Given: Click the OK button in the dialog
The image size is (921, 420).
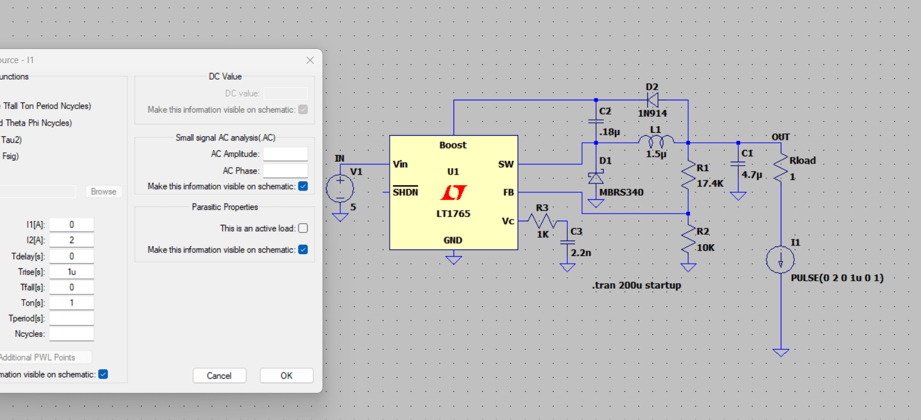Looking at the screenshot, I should [286, 376].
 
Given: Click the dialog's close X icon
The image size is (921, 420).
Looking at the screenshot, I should [310, 60].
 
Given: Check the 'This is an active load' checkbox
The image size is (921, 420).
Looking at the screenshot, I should [303, 228].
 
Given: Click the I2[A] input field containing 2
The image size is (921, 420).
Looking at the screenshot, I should [71, 240].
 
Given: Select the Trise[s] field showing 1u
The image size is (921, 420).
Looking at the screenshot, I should [71, 272].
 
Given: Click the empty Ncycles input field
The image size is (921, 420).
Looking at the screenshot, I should [71, 334].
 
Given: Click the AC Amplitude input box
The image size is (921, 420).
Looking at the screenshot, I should [285, 154].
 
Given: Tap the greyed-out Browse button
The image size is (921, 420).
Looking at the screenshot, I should [103, 192].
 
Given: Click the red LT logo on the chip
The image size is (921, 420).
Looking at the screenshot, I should [453, 192].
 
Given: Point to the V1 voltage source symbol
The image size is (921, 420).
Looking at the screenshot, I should [340, 189].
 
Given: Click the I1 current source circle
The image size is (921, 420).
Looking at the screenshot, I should [780, 260].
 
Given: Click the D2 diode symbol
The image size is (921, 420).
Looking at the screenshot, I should [652, 100].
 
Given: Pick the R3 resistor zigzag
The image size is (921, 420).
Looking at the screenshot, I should [541, 221].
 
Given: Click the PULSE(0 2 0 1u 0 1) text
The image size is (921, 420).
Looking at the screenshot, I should [837, 278].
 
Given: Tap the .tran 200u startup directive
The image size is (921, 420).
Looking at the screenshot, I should [636, 286].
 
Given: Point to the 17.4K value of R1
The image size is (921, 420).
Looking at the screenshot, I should [710, 183].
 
